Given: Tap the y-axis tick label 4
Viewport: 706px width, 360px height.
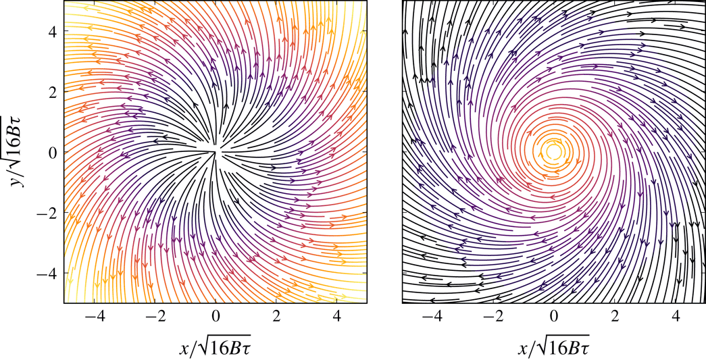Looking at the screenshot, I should click(x=51, y=31).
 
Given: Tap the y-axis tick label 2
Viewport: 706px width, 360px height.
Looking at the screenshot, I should click(x=51, y=91).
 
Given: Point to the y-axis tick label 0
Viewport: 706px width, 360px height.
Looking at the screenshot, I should click(x=51, y=152).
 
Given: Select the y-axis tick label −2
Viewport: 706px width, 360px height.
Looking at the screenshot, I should click(x=47, y=213).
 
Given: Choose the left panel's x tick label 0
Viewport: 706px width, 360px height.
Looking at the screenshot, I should click(x=216, y=315).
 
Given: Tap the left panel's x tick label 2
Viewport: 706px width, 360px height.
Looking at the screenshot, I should click(x=276, y=315).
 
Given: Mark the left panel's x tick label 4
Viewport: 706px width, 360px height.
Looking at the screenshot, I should click(x=336, y=315).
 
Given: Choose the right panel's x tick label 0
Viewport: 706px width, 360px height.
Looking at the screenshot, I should click(x=553, y=315).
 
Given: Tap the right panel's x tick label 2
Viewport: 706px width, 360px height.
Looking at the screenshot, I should click(x=614, y=315).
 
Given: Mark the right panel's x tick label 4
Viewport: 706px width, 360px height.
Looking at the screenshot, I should click(x=674, y=315).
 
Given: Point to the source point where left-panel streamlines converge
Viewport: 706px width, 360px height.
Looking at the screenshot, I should click(x=216, y=151).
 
